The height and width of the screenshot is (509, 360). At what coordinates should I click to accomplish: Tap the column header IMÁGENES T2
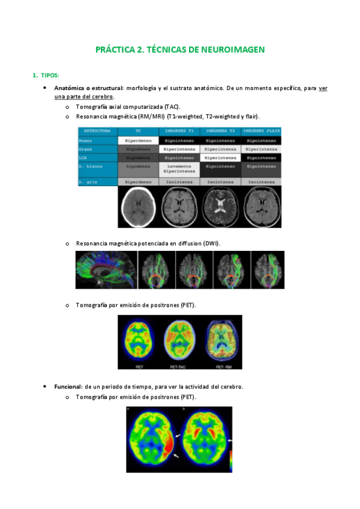point(220,130)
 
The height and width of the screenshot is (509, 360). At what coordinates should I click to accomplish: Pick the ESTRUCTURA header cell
point(97,130)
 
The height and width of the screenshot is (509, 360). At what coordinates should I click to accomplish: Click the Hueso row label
point(85,140)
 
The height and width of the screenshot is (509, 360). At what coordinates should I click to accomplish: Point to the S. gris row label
point(89,181)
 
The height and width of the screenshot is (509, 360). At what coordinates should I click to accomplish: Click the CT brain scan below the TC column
point(138,206)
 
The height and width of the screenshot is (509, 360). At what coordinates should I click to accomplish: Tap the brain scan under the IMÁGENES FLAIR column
point(260,206)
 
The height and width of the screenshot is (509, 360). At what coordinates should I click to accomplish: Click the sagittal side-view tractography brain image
point(106,270)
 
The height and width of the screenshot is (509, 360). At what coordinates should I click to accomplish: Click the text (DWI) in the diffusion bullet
point(211,243)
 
